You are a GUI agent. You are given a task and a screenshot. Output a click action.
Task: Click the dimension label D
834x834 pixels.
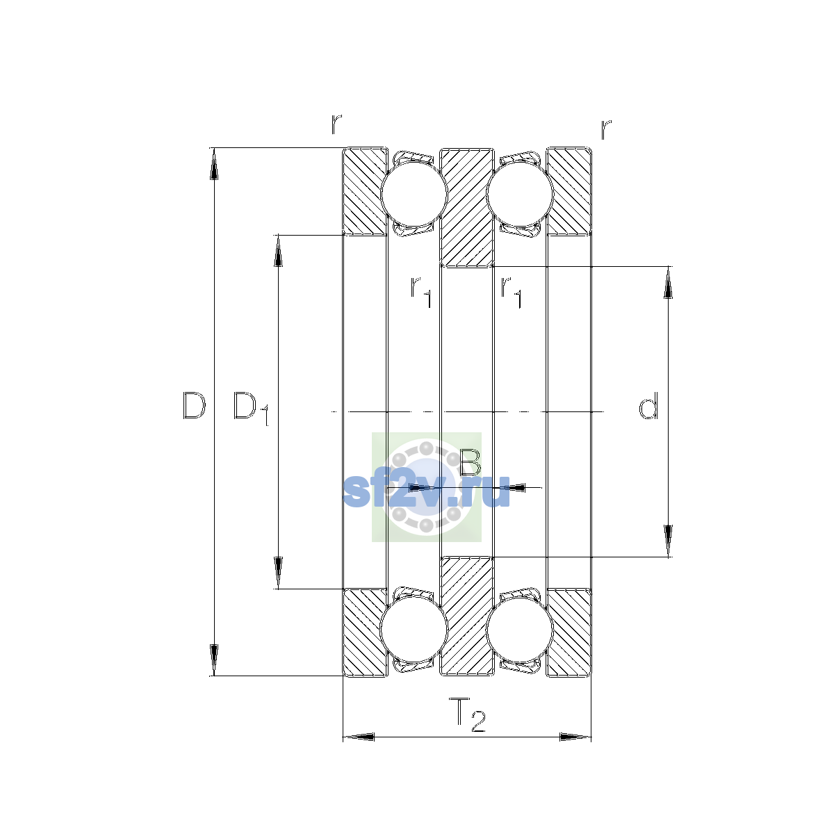click(x=194, y=405)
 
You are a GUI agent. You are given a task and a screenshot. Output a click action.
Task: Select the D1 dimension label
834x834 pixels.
click(x=251, y=408)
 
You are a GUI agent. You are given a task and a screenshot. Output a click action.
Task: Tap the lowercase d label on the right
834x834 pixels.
click(x=648, y=405)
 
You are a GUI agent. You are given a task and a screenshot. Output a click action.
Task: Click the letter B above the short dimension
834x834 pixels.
click(x=470, y=461)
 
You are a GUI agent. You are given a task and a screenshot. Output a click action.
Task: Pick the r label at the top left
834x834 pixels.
click(x=336, y=124)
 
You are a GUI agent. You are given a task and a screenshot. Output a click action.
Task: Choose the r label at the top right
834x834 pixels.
click(x=606, y=129)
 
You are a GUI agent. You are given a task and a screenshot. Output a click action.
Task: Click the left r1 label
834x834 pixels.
click(x=420, y=292)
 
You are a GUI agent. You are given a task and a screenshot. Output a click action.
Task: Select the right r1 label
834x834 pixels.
click(x=511, y=292)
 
